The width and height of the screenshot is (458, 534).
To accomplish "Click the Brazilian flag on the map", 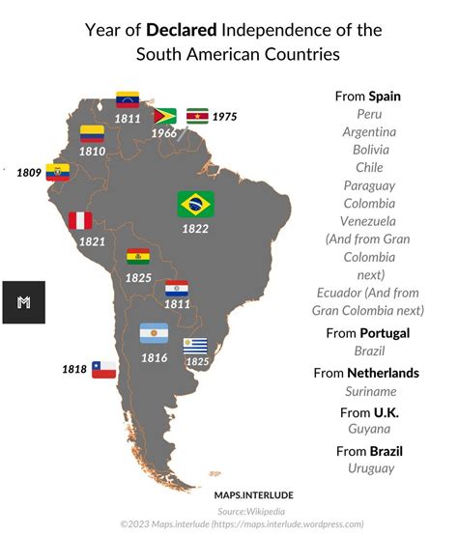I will coord(196,204).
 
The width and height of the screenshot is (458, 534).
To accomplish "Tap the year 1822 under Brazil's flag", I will coord(196,228).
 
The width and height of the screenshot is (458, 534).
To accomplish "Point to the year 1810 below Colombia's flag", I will coord(93,152).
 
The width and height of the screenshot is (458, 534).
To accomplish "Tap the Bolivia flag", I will coord(138,257).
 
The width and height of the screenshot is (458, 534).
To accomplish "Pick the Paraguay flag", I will coord(177,288).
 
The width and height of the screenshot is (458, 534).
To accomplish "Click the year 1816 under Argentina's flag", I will coord(154,357).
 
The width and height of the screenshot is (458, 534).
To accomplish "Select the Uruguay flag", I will coord(197,345).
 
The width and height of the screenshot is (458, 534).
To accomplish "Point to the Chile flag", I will coord(103,369).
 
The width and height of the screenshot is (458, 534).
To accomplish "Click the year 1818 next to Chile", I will coord(74,369).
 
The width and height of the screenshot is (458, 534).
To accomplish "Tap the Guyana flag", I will coord(165,117).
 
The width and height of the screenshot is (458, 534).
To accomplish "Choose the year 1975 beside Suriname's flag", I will coord(224,116).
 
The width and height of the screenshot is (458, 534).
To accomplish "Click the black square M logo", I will coord(23,302).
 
